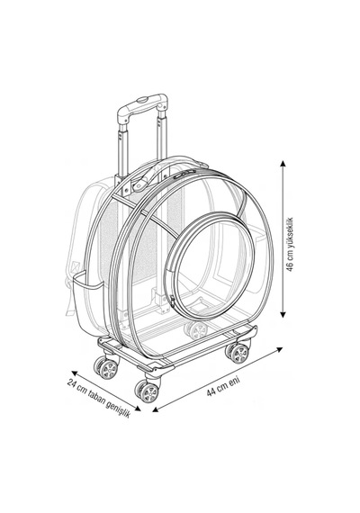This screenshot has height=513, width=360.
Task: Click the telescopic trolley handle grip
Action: tap(142, 107)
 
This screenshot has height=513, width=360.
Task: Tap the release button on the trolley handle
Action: tap(143, 100)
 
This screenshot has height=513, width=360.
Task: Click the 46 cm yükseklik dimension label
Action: tap(290, 244)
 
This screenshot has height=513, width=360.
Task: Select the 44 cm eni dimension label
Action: tap(223, 387)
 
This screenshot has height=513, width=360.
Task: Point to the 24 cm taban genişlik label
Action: tap(98, 398)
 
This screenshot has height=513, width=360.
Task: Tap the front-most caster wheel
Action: tap(148, 391)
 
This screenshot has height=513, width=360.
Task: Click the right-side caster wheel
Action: tap(238, 353)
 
